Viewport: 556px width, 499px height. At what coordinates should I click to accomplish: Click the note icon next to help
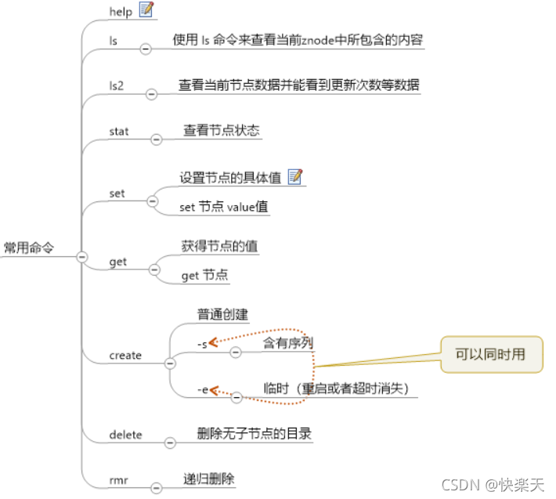(146, 9)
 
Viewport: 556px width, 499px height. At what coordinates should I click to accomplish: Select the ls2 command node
(117, 85)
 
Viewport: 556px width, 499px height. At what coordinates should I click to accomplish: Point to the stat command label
(118, 131)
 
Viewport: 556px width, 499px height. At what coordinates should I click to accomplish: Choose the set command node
(117, 193)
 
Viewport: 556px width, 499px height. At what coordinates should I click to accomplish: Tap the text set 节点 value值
(223, 208)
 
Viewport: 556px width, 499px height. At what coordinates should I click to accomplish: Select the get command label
(117, 262)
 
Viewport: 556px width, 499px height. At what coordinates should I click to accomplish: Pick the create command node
(125, 356)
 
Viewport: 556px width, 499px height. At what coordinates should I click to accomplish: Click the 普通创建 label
(222, 314)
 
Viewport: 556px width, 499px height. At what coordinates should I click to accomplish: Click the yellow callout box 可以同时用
(490, 355)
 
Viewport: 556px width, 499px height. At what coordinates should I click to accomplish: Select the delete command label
(125, 434)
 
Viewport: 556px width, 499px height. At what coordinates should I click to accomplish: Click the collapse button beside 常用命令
(82, 256)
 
